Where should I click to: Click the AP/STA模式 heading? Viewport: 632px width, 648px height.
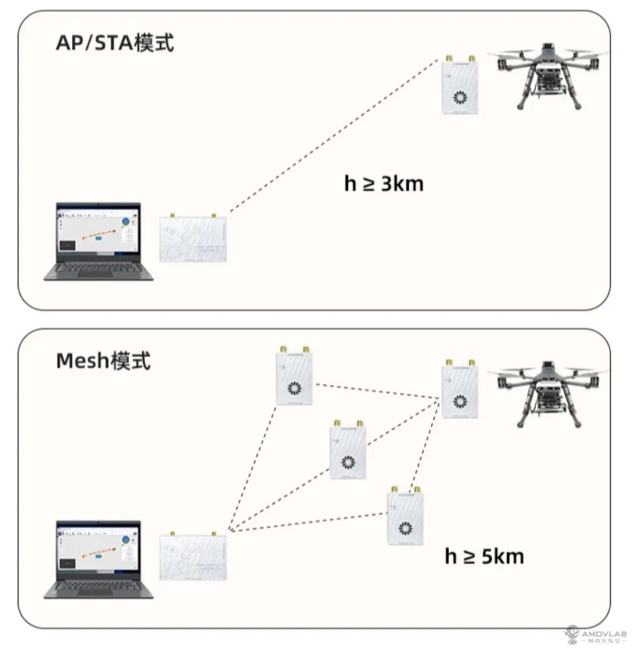click(x=115, y=43)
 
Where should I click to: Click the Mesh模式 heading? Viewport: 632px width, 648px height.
click(x=103, y=361)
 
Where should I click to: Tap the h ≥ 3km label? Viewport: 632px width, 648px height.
click(x=383, y=184)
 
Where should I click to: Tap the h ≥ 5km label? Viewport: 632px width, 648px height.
click(x=484, y=556)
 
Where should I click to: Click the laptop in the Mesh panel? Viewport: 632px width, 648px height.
click(x=98, y=559)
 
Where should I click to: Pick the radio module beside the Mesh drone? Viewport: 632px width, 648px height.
click(x=460, y=390)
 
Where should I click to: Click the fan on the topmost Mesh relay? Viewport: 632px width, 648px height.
click(x=294, y=390)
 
